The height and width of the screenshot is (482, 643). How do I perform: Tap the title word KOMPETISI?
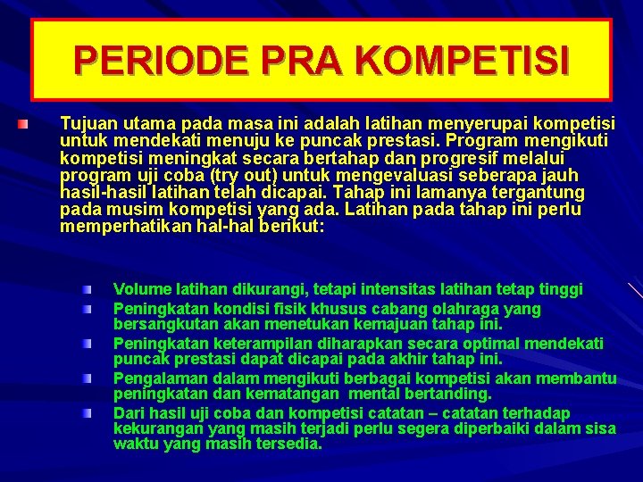point(462,60)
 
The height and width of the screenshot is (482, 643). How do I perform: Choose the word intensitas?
point(406,289)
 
